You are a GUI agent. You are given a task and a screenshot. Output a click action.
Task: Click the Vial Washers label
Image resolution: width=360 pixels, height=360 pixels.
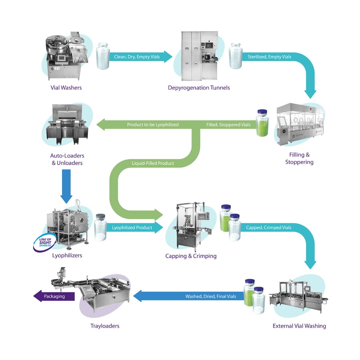point(66,88)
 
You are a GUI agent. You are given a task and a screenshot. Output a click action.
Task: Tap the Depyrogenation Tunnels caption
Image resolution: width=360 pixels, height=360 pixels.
point(199,88)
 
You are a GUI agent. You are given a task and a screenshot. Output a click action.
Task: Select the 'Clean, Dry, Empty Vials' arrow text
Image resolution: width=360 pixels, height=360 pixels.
point(137,57)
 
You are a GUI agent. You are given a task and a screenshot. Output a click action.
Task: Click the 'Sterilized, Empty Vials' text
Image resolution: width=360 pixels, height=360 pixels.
point(269,57)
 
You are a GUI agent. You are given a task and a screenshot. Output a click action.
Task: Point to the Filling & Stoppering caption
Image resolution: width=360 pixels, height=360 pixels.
point(299,158)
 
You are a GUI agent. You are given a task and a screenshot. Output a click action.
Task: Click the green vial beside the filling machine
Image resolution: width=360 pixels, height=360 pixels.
point(262,123)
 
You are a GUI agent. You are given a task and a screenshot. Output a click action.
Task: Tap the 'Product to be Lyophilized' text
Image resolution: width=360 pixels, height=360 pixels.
point(153,125)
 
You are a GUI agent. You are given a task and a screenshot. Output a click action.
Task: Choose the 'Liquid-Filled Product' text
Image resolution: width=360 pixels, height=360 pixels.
point(153,163)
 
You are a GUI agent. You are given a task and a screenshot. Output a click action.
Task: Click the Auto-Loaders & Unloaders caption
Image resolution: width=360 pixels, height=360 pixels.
point(67,159)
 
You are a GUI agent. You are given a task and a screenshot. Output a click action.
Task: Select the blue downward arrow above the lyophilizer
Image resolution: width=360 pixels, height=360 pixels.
point(66,186)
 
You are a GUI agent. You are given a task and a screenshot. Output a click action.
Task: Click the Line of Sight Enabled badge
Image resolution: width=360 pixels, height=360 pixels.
point(45,243)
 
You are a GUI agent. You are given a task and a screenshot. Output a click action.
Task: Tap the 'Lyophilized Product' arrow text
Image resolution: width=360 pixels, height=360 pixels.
point(132,228)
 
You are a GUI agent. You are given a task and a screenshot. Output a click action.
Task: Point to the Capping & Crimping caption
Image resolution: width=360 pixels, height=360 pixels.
point(191,256)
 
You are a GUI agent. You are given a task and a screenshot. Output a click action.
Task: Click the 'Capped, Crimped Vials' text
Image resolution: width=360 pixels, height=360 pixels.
point(269,228)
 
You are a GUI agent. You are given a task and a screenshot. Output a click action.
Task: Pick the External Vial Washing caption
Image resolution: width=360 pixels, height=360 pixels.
point(299,326)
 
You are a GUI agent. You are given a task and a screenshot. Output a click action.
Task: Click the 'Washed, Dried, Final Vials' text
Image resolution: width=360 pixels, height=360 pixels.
point(211,296)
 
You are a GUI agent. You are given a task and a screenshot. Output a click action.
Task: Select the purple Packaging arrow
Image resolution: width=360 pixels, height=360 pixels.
point(54,296)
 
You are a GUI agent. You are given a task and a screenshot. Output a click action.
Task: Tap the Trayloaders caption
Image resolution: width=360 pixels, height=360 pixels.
point(105,326)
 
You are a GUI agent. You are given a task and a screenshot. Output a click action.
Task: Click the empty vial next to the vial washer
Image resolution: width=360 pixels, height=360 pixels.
point(103,56)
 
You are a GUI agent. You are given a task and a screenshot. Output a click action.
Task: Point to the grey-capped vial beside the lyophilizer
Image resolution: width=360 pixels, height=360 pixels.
point(100,227)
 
